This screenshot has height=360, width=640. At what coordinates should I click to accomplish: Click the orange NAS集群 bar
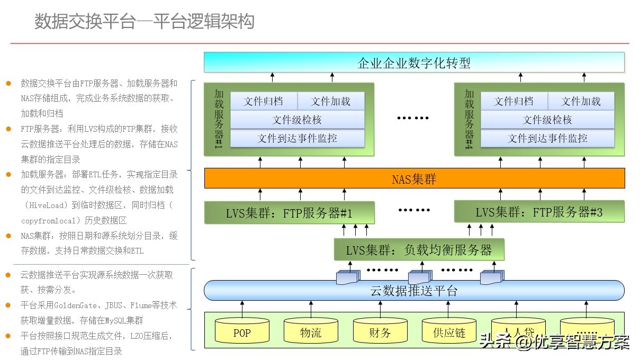click(414, 178)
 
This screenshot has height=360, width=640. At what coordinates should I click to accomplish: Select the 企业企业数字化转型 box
click(414, 62)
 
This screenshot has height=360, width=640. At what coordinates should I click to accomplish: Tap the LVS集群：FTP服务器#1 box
click(289, 213)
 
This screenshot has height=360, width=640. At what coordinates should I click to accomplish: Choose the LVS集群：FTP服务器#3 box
click(539, 212)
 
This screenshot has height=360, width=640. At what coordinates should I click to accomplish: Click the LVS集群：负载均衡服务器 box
click(419, 249)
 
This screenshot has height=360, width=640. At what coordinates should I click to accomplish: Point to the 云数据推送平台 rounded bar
click(414, 290)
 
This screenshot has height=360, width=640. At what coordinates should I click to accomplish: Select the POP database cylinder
click(242, 332)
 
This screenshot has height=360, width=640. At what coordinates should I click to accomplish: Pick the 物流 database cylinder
click(311, 332)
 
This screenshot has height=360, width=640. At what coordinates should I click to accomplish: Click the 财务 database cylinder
click(380, 332)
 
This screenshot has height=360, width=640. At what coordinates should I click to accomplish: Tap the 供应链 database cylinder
click(449, 332)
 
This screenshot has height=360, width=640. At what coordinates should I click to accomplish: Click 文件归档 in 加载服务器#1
click(263, 101)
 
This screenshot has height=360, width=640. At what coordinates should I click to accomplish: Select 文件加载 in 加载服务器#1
click(331, 101)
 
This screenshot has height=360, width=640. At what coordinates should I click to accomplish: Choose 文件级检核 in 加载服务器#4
click(547, 120)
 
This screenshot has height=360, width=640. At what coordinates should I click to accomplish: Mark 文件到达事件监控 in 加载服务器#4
click(547, 138)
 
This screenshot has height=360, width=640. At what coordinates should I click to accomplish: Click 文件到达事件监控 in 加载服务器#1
click(297, 138)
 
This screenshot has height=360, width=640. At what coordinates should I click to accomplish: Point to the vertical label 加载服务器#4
click(469, 119)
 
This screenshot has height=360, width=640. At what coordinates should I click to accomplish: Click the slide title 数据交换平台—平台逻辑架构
click(144, 22)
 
